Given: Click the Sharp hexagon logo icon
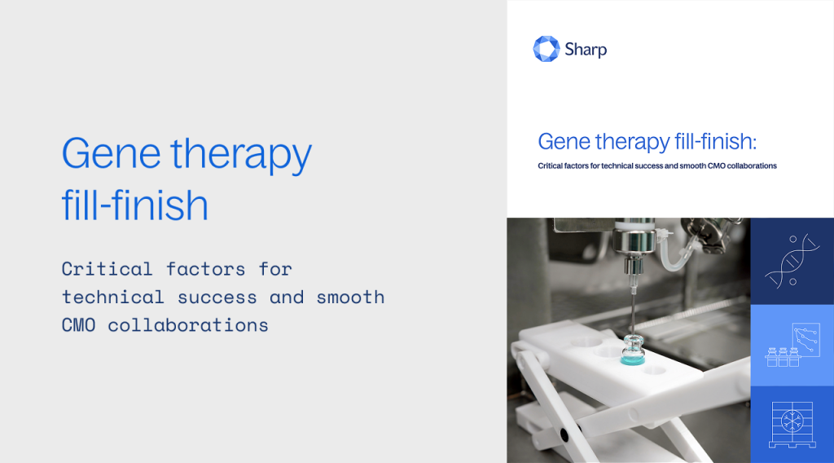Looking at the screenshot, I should (x=546, y=49).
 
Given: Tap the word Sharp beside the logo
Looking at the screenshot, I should (x=586, y=50).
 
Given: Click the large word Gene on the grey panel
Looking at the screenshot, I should (x=109, y=153).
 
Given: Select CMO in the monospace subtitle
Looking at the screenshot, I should (x=78, y=324).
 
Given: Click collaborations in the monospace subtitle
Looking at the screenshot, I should (x=187, y=324).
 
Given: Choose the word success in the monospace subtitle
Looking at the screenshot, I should (x=216, y=297).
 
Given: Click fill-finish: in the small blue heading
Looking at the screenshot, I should (x=714, y=142).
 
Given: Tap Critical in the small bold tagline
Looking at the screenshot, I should (x=552, y=165).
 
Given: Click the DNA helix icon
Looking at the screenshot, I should (x=792, y=261).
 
